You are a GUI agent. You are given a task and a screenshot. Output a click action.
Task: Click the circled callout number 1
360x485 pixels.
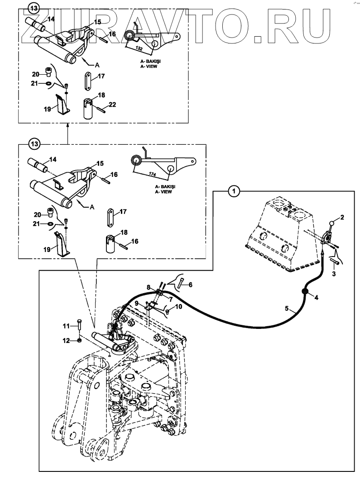pos(234,192)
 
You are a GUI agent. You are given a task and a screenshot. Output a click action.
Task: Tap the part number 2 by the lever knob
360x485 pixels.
pos(342,218)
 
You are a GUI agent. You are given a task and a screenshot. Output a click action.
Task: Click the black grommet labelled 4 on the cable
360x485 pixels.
pos(305,292)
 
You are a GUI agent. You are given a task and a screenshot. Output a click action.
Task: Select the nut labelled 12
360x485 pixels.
pos(79,340)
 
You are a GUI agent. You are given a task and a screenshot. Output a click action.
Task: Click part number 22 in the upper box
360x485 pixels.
pos(112,105)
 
